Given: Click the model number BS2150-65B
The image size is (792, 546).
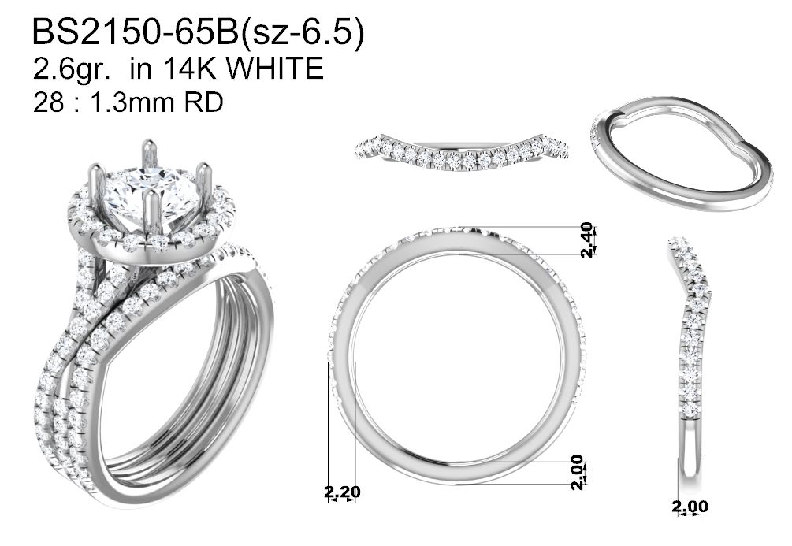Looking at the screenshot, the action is click(136, 33).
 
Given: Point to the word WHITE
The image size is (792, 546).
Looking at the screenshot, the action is click(274, 69).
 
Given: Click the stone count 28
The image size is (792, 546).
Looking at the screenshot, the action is click(48, 102).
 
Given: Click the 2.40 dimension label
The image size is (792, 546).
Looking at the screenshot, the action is click(587, 240).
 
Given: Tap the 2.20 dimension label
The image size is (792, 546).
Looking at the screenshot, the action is click(342, 492).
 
